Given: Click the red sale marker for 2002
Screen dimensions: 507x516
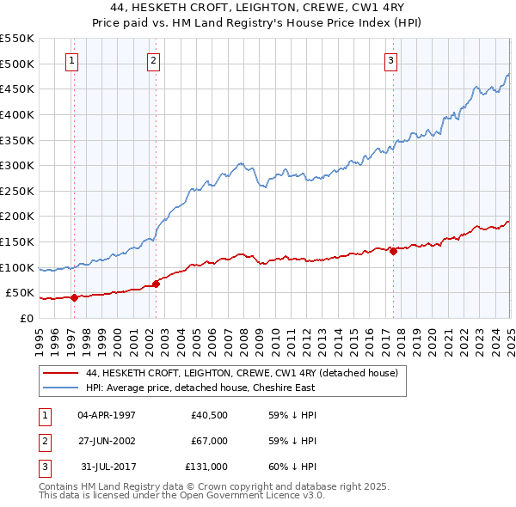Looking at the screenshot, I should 156,284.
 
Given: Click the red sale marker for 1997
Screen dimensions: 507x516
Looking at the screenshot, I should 74,297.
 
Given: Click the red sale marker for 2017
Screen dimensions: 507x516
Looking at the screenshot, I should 393,251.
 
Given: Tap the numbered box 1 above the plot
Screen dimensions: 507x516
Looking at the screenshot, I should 71,60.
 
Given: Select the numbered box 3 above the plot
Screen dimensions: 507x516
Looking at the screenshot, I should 390,60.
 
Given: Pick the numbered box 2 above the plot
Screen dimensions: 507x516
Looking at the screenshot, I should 152,60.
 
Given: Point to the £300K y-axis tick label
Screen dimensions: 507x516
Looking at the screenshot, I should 16,165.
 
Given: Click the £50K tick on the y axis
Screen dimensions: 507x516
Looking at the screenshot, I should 20,293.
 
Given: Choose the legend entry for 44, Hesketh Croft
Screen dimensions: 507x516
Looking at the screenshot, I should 242,374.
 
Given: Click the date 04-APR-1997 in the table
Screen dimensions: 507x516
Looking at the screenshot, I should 107,415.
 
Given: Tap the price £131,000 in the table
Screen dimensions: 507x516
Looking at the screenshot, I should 206,467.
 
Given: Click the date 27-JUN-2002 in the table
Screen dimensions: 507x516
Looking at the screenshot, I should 107,441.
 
